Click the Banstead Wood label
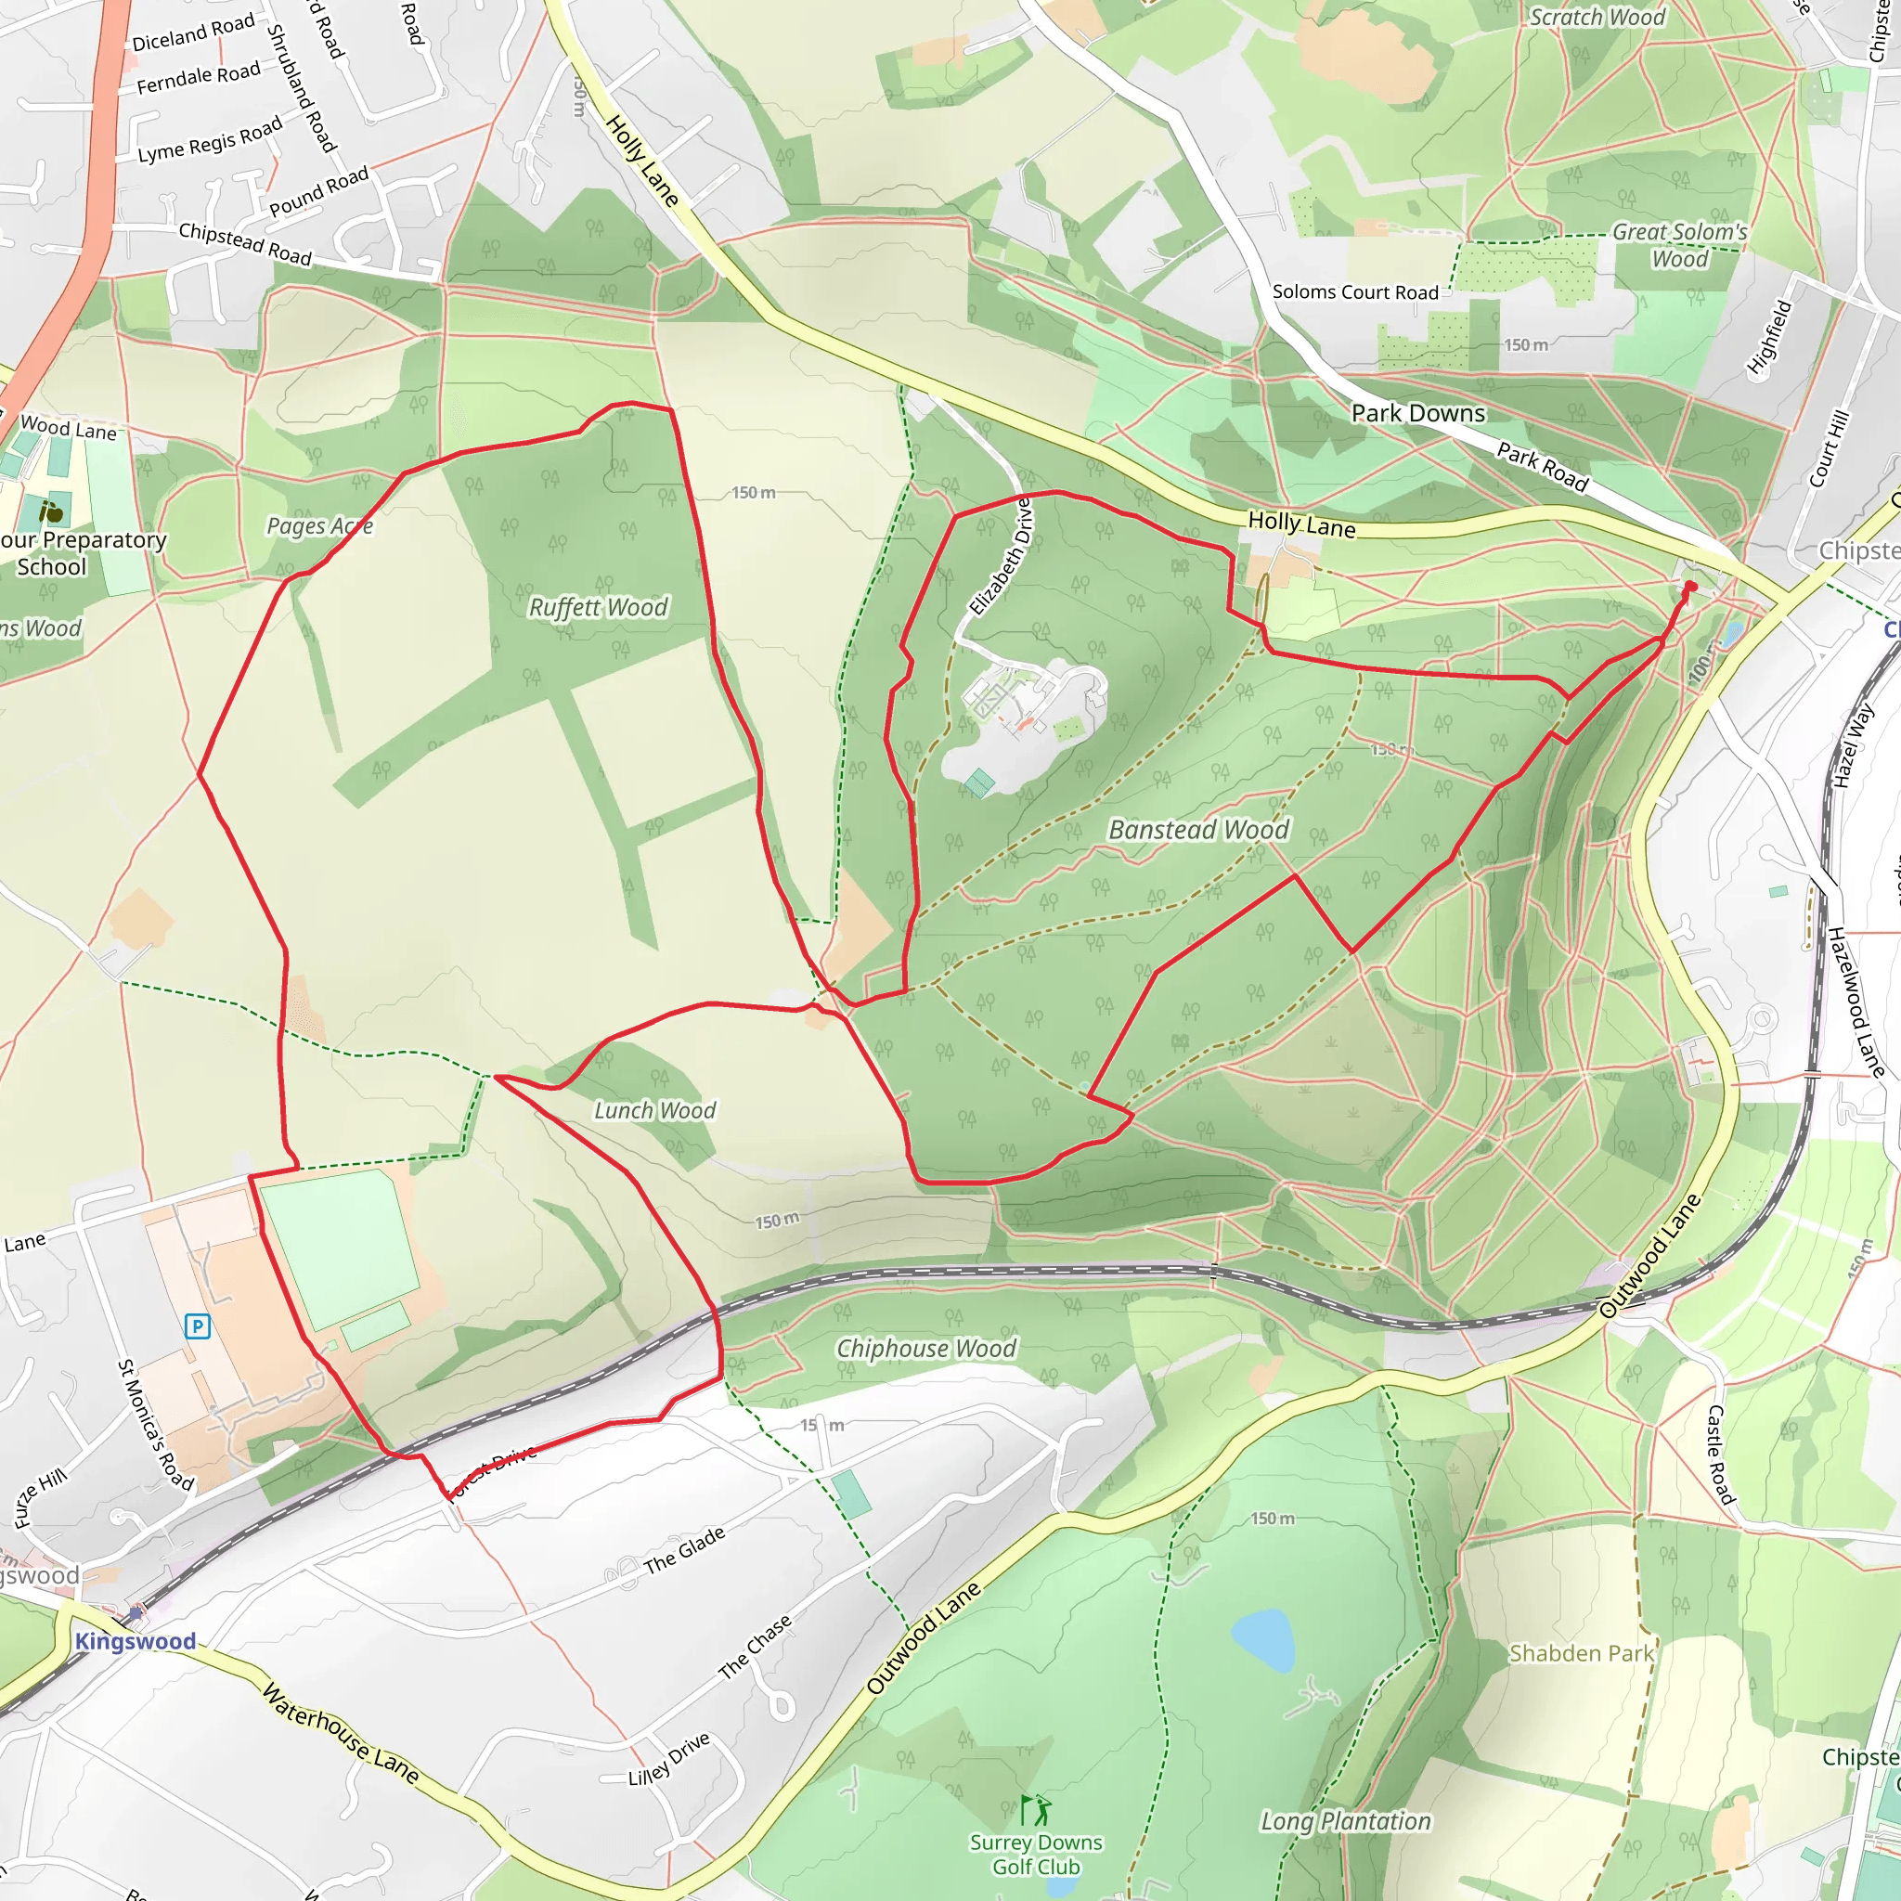pos(1197,830)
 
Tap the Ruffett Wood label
pos(599,607)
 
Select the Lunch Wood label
pos(654,1110)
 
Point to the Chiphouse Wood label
pos(925,1348)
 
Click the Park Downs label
pos(1418,413)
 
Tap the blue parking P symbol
pos(198,1326)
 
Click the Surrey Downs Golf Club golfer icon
pos(1035,1809)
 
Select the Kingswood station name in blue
pos(136,1641)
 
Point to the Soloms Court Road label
pos(1355,292)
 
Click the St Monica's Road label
pos(155,1426)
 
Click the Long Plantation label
pos(1345,1821)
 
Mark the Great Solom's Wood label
pos(1679,245)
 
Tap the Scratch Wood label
pos(1597,17)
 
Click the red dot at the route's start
pos(1690,587)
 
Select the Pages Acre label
pos(320,526)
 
